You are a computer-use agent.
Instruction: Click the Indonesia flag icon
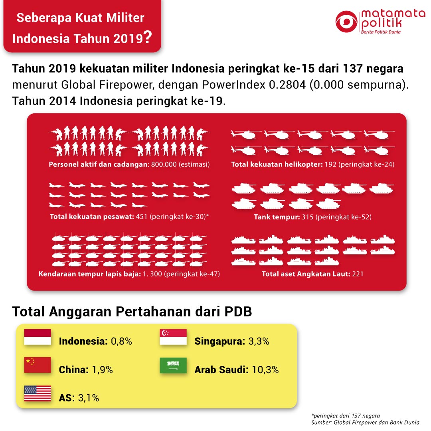pos(38,337)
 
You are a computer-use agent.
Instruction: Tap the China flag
pos(38,365)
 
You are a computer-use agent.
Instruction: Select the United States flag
pos(38,393)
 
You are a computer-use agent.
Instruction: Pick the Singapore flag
pos(173,337)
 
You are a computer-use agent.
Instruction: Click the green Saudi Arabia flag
pos(173,365)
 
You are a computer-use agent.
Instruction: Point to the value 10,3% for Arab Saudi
pos(265,370)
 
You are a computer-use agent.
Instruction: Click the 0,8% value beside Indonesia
pos(121,341)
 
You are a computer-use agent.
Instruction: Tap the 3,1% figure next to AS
pos(89,398)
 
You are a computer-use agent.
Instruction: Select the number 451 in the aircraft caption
pos(142,217)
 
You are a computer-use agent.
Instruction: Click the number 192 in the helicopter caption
pos(330,164)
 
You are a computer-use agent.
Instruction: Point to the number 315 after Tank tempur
pos(308,217)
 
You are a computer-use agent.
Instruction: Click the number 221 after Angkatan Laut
pos(358,274)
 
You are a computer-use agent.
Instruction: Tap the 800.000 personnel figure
pos(164,164)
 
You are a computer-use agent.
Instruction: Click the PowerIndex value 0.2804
pos(287,85)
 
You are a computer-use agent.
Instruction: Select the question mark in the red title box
pos(148,37)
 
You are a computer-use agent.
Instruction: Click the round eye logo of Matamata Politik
pos(346,22)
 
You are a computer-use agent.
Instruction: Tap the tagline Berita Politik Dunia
pos(381,32)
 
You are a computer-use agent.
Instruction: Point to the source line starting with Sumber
pos(365,423)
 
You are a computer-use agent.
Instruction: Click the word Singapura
pos(219,341)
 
